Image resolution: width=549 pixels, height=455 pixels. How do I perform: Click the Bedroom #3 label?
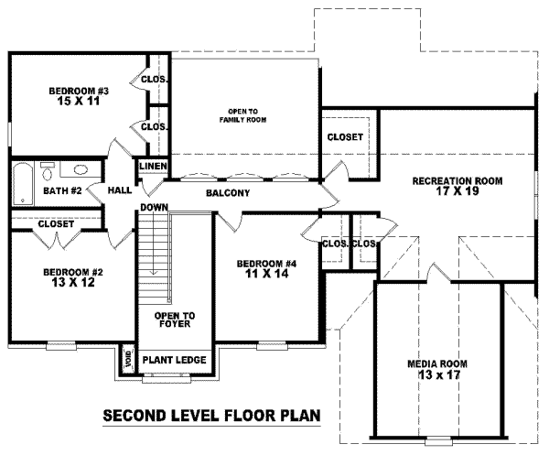pos(79,91)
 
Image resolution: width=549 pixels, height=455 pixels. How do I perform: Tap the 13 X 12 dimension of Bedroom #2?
pos(73,282)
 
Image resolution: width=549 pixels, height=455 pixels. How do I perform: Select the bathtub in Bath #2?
pos(23,184)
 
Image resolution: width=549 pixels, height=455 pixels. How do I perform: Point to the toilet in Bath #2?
pos(47,171)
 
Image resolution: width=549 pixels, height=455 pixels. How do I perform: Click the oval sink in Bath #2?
pos(81,170)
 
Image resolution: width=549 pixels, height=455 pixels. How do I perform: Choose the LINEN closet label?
pos(153,166)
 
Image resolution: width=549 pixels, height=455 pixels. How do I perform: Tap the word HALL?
pos(120,190)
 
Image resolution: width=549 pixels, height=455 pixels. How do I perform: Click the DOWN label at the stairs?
pos(154,208)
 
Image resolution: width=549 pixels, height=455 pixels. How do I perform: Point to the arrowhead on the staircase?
pos(154,273)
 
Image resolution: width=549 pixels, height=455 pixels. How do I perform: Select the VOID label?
pos(129,359)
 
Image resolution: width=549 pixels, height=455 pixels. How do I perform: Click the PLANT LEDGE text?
pos(175,360)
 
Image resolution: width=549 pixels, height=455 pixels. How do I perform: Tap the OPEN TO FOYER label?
pos(175,320)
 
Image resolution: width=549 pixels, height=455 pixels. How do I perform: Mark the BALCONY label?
pos(228,193)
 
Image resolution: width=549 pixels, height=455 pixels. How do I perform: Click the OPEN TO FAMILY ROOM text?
pos(243,115)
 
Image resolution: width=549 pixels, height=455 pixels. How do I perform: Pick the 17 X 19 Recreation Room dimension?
pos(457,191)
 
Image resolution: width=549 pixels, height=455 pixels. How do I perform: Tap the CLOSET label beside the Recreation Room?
pos(345,137)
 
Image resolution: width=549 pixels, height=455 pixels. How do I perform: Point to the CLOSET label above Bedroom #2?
pos(56,223)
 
